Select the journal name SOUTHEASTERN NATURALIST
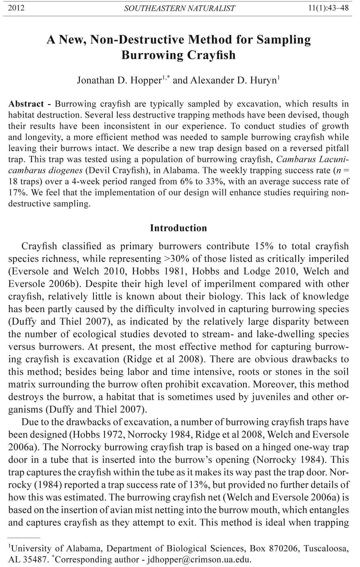[x=179, y=8]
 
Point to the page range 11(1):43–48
[x=328, y=8]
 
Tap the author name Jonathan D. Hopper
[x=119, y=80]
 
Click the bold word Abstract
[x=26, y=104]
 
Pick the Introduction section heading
[x=178, y=228]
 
